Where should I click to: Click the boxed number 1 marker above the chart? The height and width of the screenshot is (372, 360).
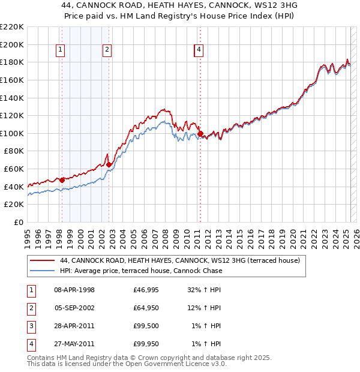[x=61, y=50]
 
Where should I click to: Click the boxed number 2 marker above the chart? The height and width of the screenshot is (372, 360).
[x=107, y=50]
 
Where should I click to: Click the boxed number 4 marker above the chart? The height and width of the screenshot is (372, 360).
[x=199, y=50]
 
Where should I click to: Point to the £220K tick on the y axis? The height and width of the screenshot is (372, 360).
[x=12, y=27]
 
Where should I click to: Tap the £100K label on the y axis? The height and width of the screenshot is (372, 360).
[x=12, y=133]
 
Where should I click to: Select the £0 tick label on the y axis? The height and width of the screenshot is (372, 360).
[x=19, y=222]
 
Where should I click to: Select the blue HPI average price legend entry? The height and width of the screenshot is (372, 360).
[x=141, y=271]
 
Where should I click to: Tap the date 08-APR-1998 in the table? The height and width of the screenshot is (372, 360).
[x=74, y=290]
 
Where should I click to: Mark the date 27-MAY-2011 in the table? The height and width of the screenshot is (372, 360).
[x=74, y=344]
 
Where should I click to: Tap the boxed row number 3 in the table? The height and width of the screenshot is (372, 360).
[x=31, y=326]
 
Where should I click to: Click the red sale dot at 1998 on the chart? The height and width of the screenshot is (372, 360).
[x=62, y=180]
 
